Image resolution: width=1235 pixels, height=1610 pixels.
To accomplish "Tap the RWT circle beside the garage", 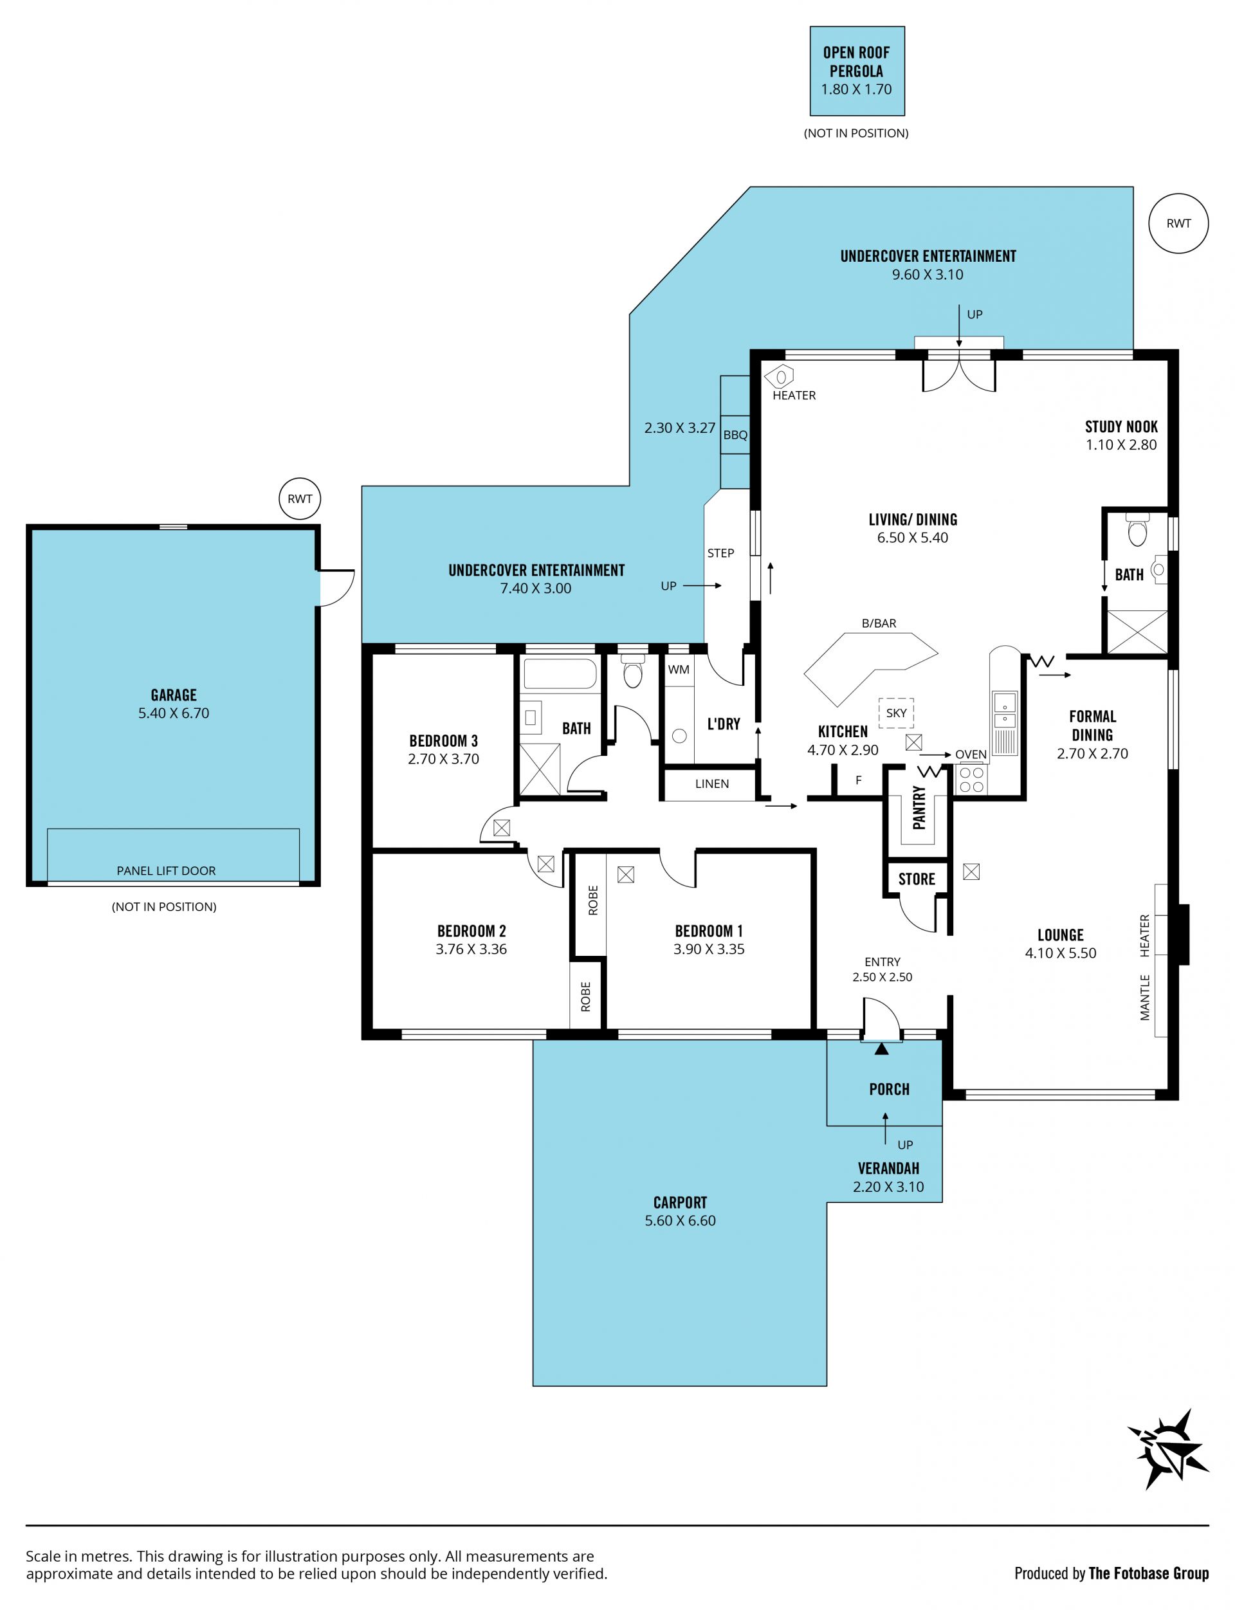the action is pos(300,499).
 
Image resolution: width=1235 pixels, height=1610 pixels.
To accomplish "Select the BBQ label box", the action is pos(735,434).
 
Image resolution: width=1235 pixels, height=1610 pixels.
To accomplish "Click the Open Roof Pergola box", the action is pos(857,71).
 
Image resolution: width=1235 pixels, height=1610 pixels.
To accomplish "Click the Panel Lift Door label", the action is pos(166,870).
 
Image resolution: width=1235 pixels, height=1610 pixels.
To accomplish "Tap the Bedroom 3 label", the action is pos(443,740).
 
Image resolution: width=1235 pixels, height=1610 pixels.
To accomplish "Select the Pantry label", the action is pos(919,807).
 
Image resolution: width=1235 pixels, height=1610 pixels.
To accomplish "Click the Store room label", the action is pos(917,879).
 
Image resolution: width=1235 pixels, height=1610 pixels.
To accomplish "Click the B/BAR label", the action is pos(879,623).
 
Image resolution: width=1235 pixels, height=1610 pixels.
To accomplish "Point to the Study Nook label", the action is pos(1121,426).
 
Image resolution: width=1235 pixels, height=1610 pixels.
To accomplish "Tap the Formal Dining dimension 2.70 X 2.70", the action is pos(1092,753).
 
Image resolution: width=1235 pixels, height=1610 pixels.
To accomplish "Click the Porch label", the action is pos(890,1090).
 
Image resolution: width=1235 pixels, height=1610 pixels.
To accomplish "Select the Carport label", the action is pos(680,1202).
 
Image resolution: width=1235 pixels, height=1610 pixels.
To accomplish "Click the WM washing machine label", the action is pos(679,669).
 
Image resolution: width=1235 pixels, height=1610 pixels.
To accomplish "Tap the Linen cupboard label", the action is pos(711,783).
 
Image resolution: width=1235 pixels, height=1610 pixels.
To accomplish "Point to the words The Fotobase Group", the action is pos(1149,1573).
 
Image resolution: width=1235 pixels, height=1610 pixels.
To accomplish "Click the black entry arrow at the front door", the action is pos(882,1049).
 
